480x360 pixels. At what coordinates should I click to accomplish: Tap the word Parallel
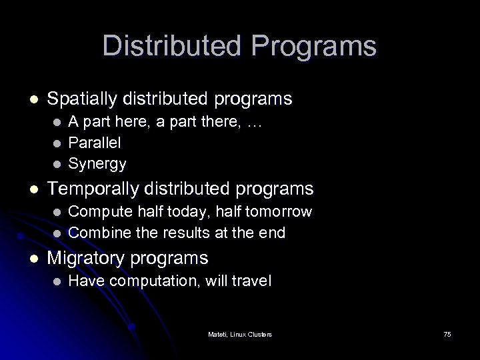pos(95,142)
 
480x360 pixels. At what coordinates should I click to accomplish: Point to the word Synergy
pos(97,162)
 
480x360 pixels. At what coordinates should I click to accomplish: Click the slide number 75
pos(447,333)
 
